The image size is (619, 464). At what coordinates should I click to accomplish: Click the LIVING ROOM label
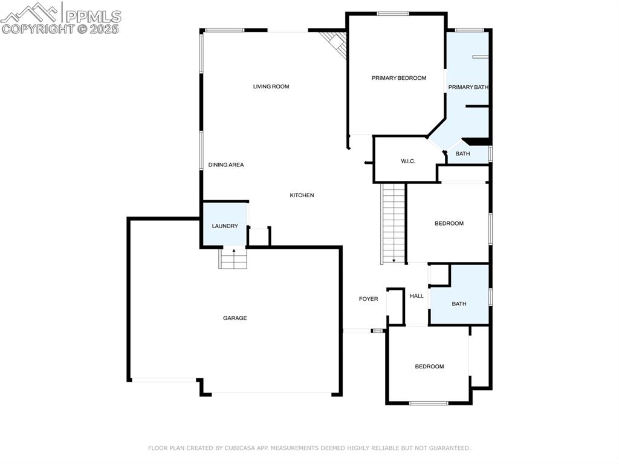pos(271,87)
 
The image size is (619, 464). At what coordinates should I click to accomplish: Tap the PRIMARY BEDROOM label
pos(398,78)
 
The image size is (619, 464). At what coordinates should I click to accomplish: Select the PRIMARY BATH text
pos(468,87)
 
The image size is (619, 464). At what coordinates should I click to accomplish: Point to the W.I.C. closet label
pos(408,161)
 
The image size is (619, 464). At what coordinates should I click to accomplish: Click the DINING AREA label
pos(226,165)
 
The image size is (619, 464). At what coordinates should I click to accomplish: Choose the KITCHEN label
pos(302,195)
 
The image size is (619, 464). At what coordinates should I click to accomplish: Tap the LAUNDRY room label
pos(224,226)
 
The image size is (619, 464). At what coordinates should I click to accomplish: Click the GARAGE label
pos(235,318)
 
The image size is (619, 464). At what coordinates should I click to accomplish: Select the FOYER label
pos(368,299)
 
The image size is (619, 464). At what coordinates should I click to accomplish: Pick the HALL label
pos(416,296)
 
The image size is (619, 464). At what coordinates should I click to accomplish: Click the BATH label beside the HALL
pos(459,304)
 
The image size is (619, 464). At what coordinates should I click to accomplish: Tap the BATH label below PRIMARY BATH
pos(462,154)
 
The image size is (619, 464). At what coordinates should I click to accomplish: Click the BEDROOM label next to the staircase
pos(449,224)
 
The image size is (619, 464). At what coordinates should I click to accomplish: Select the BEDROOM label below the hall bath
pos(429,367)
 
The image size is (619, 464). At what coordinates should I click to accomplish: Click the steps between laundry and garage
pos(233,260)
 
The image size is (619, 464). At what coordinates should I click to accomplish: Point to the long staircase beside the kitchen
pos(394,223)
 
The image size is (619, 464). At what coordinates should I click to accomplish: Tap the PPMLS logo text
pos(93,16)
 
